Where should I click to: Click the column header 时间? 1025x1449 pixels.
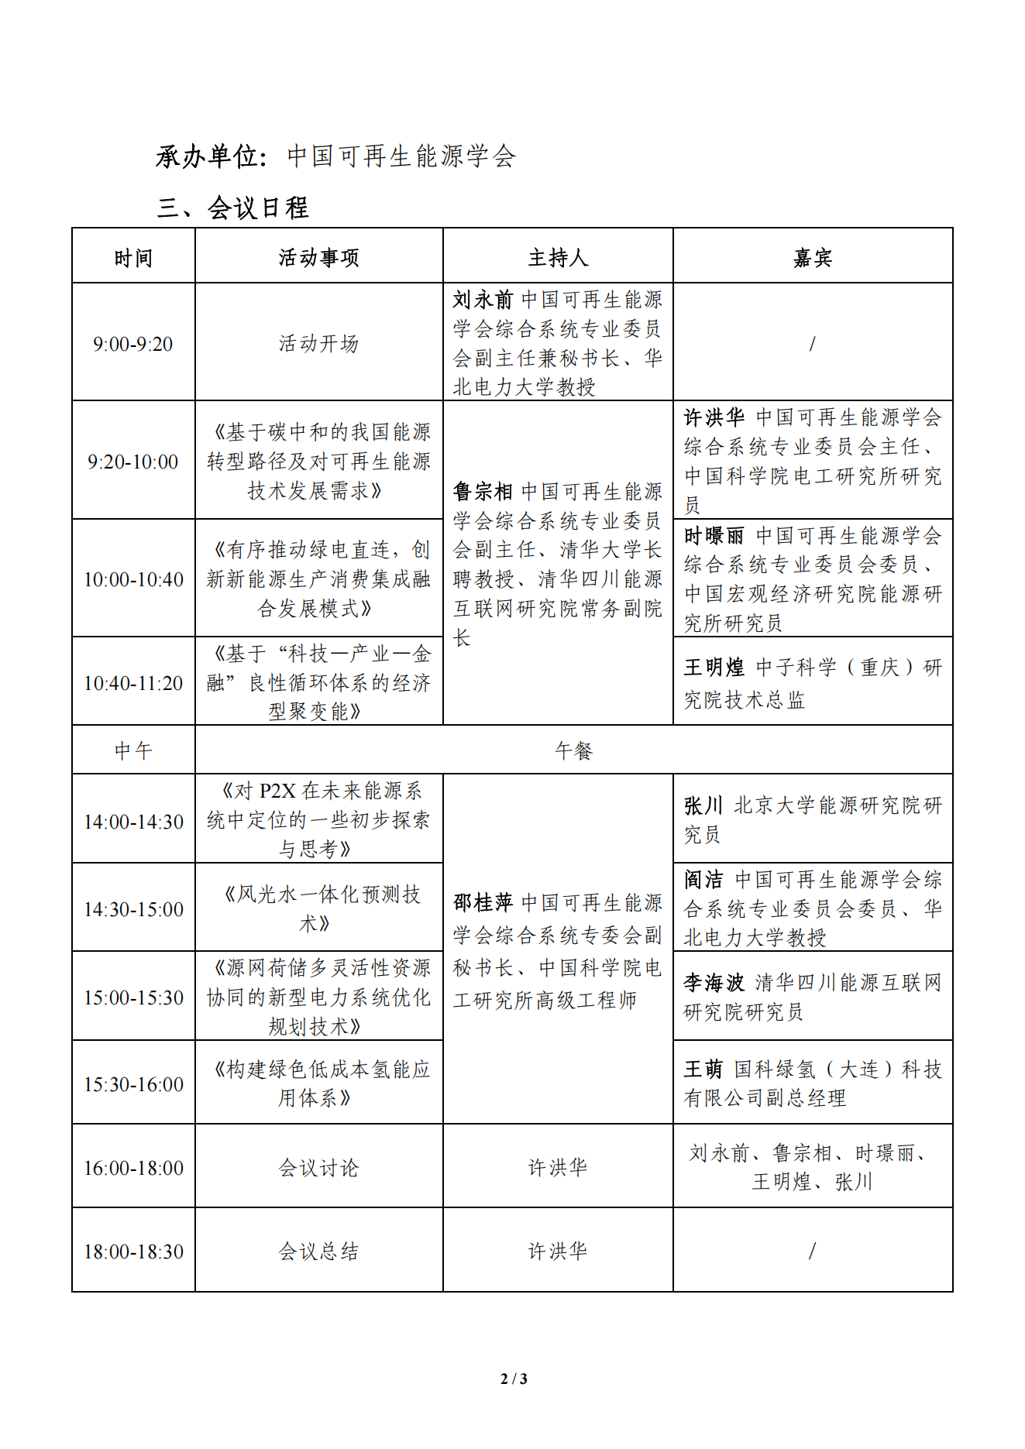click(x=133, y=258)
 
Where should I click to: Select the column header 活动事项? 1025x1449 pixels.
click(x=318, y=258)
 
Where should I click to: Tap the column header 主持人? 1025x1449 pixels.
click(x=558, y=258)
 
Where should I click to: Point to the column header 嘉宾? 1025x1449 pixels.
click(x=812, y=258)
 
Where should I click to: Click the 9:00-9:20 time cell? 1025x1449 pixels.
click(x=133, y=344)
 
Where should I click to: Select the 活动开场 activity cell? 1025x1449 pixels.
click(x=318, y=344)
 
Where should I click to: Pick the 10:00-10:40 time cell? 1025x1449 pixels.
click(x=133, y=579)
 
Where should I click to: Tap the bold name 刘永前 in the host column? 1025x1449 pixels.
click(x=483, y=300)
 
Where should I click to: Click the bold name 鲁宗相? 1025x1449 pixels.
click(x=483, y=492)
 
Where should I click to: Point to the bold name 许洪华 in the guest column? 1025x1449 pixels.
click(x=714, y=418)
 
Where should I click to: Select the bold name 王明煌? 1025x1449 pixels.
click(x=714, y=668)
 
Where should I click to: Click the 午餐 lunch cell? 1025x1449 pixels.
click(x=573, y=750)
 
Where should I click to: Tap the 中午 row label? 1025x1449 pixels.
click(x=133, y=750)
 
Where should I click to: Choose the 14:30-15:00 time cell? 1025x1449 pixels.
click(x=133, y=909)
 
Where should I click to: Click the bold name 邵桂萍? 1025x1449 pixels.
click(x=483, y=903)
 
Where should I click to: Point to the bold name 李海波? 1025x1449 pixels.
click(x=714, y=984)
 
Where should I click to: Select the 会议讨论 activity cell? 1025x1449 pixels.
click(x=318, y=1168)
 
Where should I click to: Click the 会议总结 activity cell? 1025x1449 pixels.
click(x=318, y=1252)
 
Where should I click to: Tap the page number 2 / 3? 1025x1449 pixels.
click(x=514, y=1379)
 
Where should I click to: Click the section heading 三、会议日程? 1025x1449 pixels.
click(x=232, y=208)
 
